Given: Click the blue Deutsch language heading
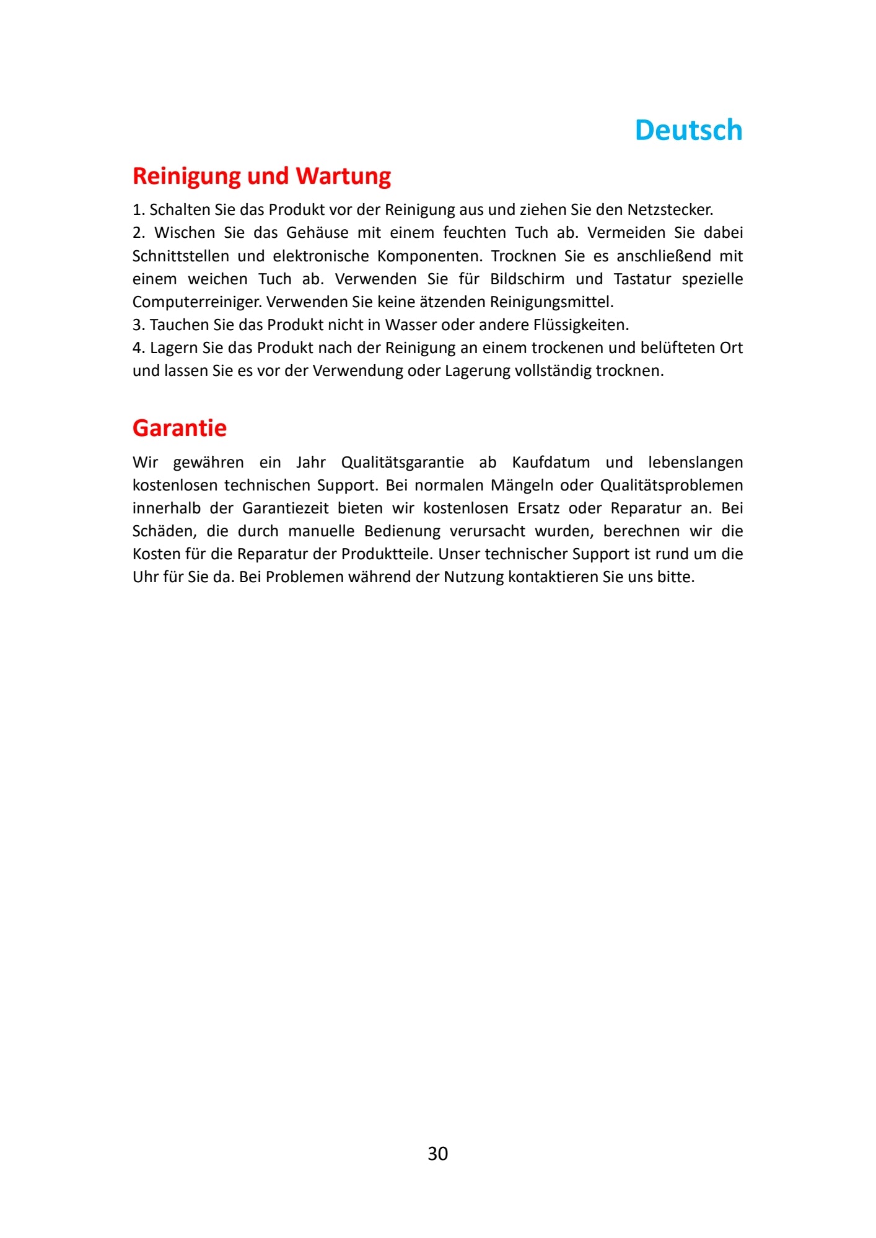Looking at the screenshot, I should coord(688,130).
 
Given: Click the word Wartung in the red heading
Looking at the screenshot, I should coord(343,177).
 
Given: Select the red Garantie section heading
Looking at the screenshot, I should coord(180,428).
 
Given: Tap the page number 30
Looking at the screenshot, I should coord(437,1153).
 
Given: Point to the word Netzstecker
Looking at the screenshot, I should coord(670,209).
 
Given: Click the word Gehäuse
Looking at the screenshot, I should coord(317,233).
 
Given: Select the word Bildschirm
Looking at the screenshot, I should coord(527,279).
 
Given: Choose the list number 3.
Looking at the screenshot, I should coord(138,325).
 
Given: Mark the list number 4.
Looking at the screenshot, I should coord(138,348).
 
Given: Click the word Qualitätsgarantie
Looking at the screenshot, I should coord(402,463).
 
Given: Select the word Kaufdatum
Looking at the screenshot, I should coord(551,463).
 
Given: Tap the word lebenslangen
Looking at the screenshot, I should coord(695,463).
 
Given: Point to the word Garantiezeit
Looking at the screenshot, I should coord(285,508).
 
